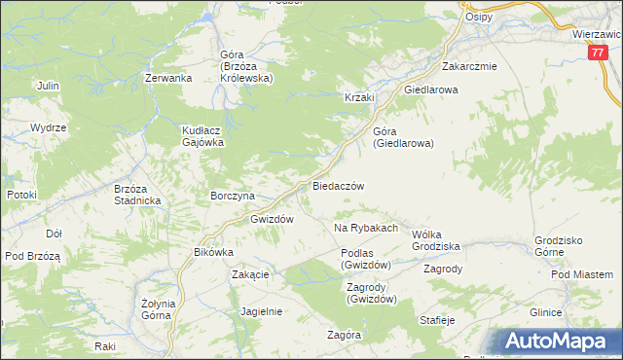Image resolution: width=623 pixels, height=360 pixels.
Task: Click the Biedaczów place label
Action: [338, 185]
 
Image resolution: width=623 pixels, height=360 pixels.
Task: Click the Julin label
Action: [48, 86]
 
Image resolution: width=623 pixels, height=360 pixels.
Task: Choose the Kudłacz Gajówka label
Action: [203, 135]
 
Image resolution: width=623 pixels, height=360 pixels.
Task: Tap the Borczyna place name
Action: [233, 195]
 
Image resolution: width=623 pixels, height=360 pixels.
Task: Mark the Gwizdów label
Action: [272, 219]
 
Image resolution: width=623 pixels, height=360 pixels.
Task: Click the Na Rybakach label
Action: [366, 228]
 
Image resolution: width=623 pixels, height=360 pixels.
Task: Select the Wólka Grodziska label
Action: [435, 239]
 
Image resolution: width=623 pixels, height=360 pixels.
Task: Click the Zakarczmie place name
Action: [469, 67]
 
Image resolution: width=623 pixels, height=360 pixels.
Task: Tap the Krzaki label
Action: [359, 97]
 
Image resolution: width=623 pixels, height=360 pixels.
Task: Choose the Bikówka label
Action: [214, 252]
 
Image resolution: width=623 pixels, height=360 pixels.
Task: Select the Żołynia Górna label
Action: [158, 308]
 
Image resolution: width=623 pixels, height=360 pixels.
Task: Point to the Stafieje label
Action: [437, 319]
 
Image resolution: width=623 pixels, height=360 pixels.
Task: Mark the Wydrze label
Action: [48, 127]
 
